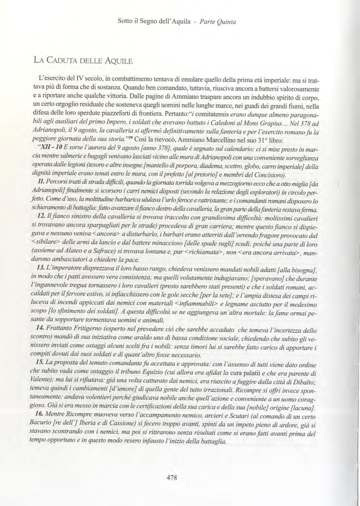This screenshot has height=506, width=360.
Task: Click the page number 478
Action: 171,478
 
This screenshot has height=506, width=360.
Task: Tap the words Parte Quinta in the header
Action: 217,22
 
